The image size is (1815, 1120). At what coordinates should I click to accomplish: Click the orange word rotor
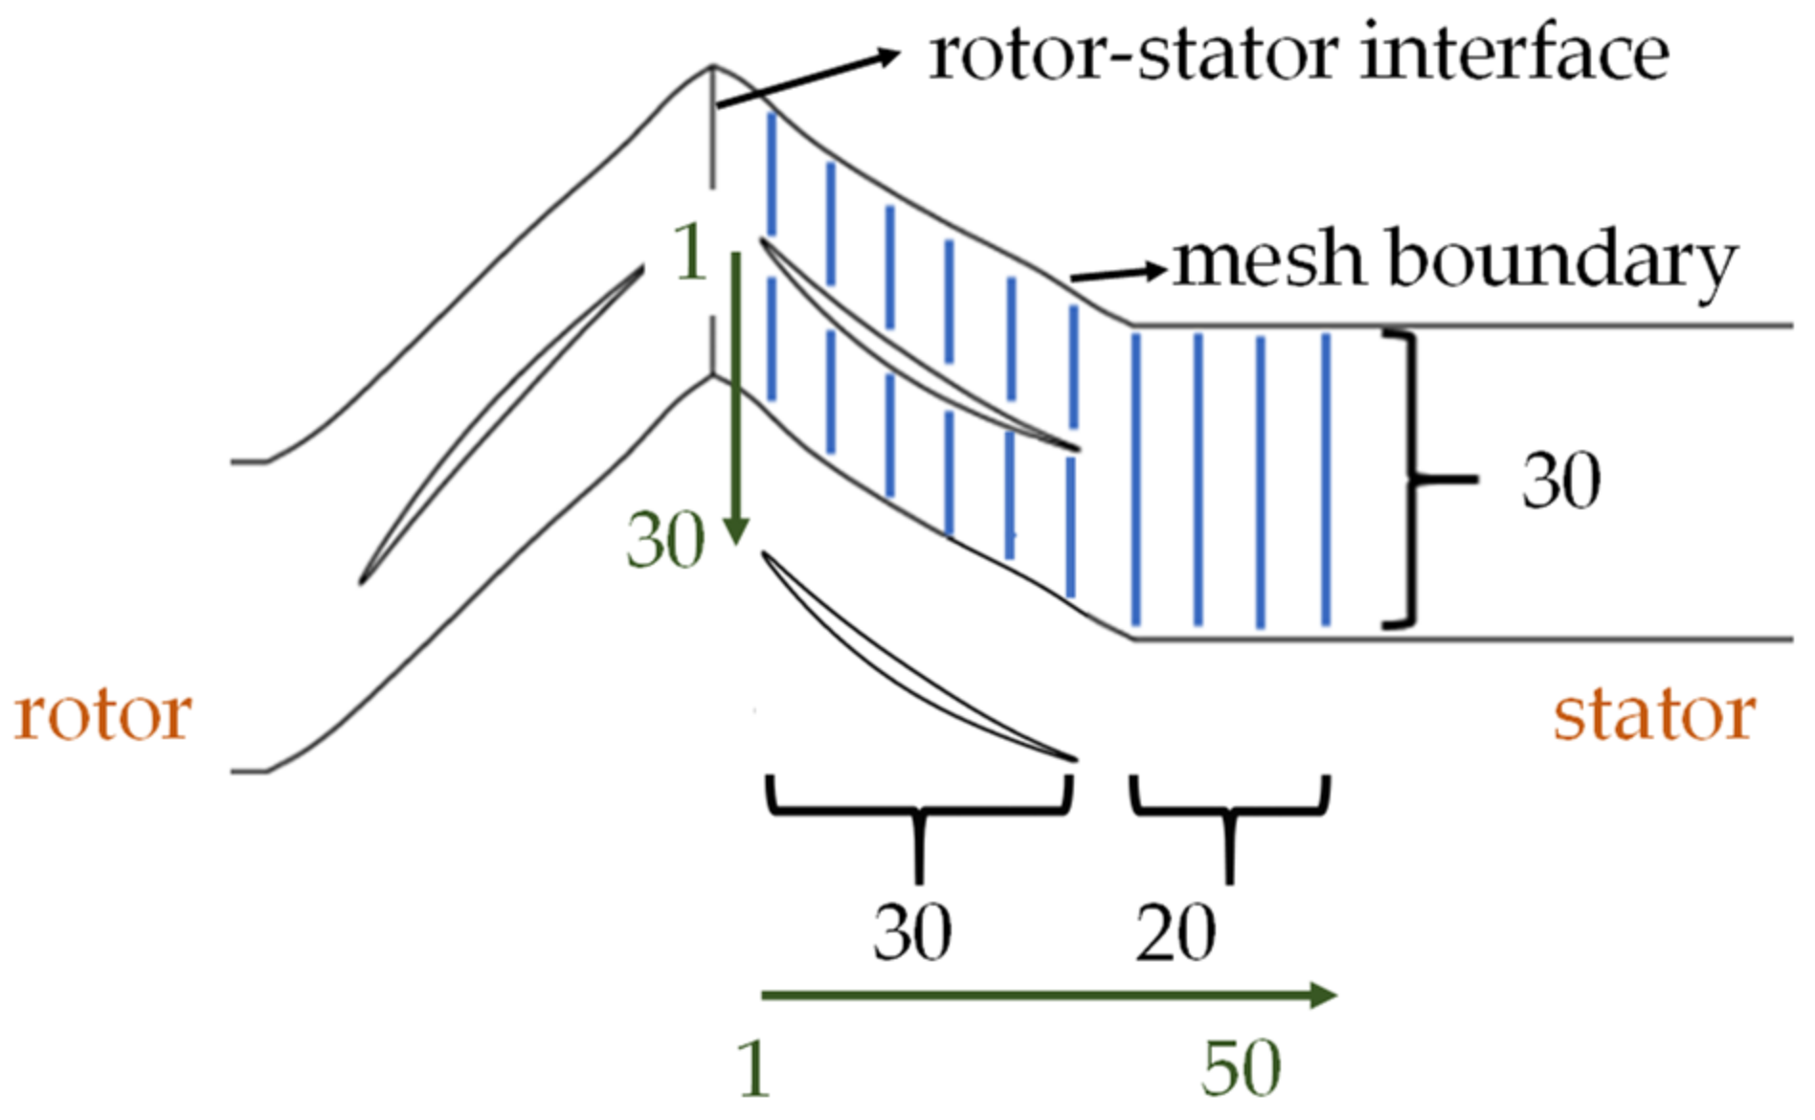tap(103, 716)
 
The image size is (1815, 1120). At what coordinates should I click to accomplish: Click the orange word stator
tap(1654, 716)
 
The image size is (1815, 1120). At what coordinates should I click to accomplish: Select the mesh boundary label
tap(1455, 260)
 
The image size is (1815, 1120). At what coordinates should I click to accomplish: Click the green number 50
tap(1241, 1068)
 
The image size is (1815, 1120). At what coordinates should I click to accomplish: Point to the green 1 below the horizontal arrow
tap(754, 1068)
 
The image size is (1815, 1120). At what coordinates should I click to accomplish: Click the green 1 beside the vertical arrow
tap(690, 253)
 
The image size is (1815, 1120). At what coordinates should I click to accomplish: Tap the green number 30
tap(665, 541)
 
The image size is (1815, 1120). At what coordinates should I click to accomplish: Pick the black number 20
tap(1176, 932)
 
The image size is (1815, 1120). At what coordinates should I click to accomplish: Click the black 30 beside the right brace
tap(1560, 481)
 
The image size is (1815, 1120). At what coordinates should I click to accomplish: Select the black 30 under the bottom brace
tap(911, 932)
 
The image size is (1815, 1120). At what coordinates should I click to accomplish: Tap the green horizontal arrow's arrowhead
tap(1322, 996)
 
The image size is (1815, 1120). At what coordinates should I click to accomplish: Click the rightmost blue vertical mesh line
tap(1326, 479)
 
